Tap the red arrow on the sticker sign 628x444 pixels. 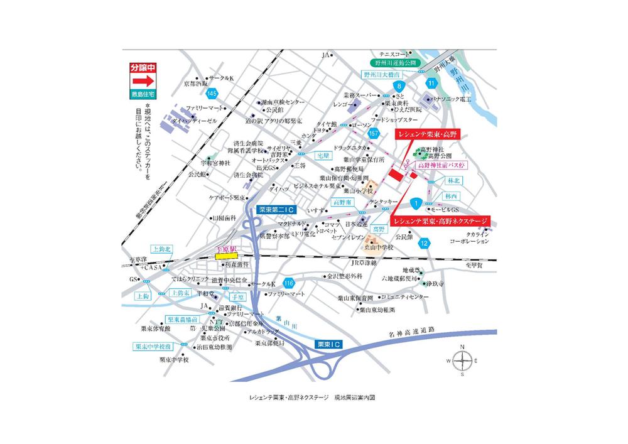click(142, 81)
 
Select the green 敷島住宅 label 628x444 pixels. click(142, 95)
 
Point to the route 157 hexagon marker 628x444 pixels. click(374, 134)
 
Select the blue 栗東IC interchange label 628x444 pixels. click(327, 345)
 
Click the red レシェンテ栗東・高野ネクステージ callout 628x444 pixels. click(440, 221)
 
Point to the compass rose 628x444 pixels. click(462, 360)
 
